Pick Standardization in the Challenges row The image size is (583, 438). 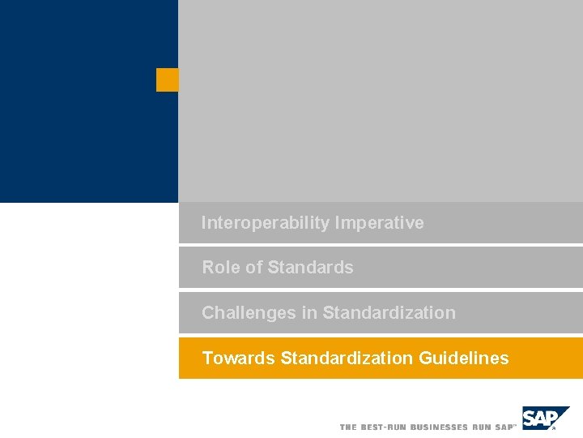pyautogui.click(x=389, y=313)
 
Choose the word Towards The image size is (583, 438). pyautogui.click(x=238, y=359)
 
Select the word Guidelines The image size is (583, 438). pyautogui.click(x=464, y=359)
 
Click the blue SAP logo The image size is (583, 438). pyautogui.click(x=545, y=419)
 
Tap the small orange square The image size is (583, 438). pyautogui.click(x=167, y=79)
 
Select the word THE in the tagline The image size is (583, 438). pyautogui.click(x=348, y=427)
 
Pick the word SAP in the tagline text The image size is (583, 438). pyautogui.click(x=504, y=427)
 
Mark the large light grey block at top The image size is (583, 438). pyautogui.click(x=381, y=101)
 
